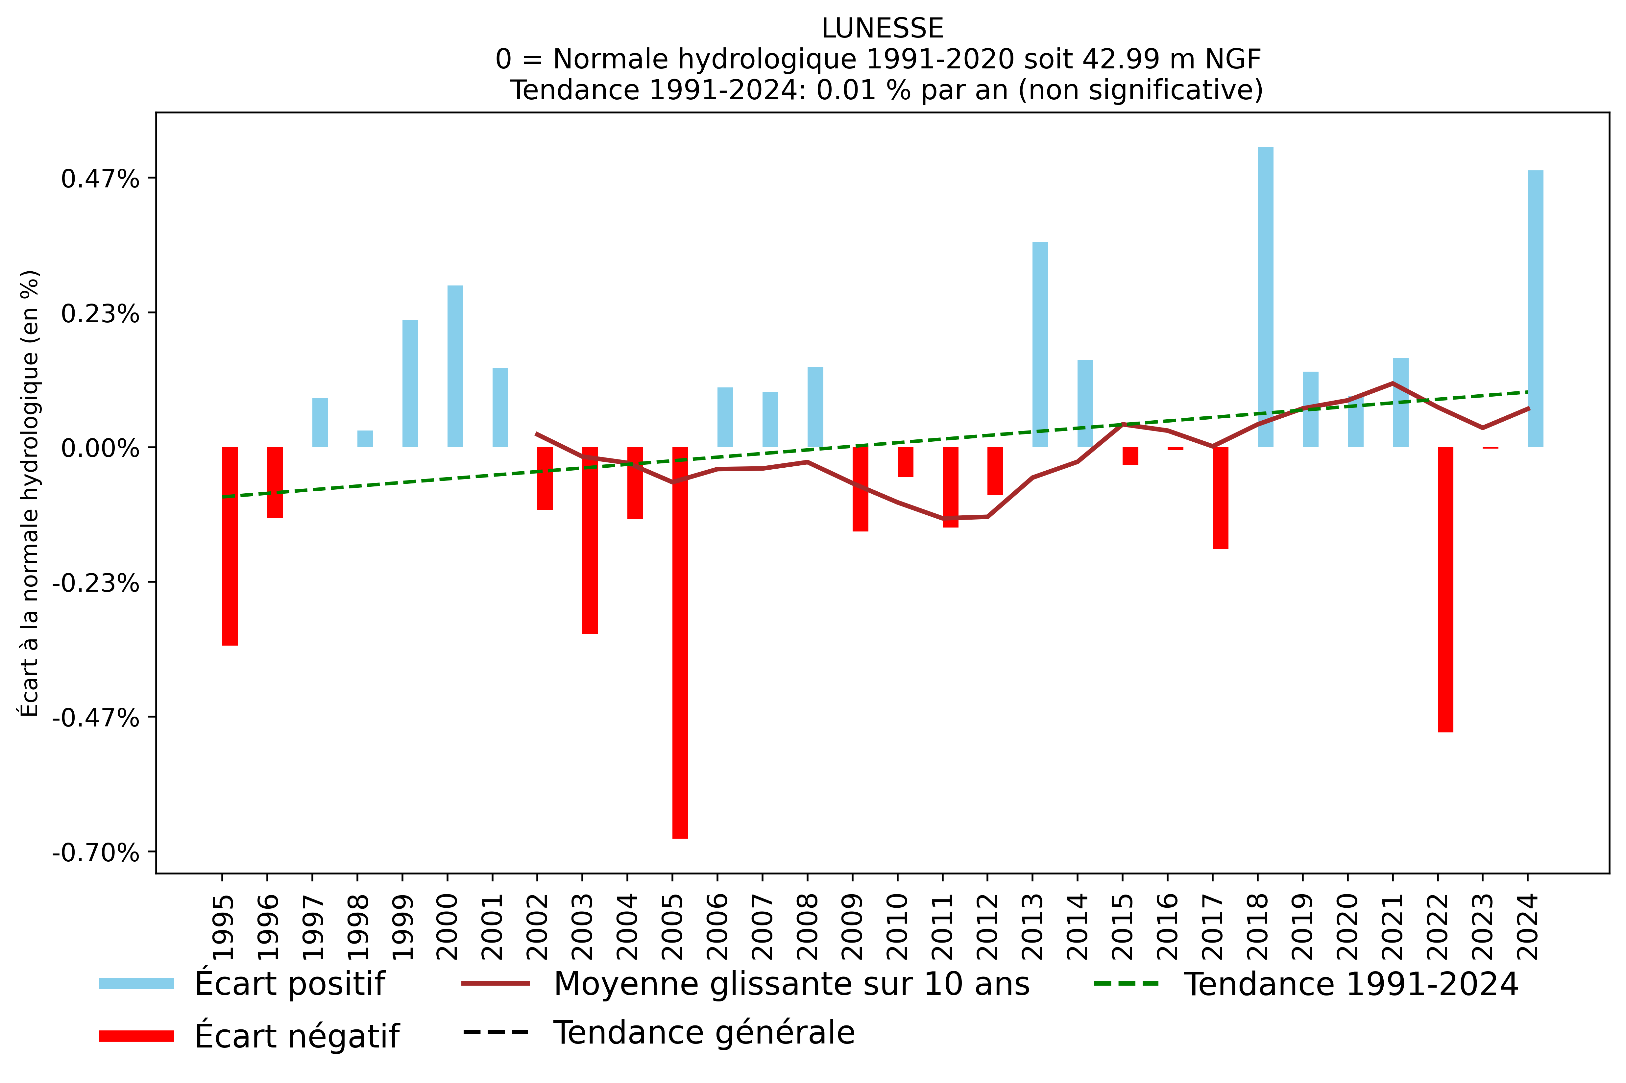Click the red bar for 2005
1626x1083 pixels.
pyautogui.click(x=680, y=642)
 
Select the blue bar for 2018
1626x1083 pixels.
pyautogui.click(x=1265, y=297)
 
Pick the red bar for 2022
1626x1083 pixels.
pyautogui.click(x=1445, y=589)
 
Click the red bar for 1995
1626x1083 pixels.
pyautogui.click(x=230, y=546)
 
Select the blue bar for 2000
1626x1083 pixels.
pyautogui.click(x=455, y=366)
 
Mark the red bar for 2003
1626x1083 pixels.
pyautogui.click(x=590, y=540)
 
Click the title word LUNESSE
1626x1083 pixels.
pyautogui.click(x=882, y=28)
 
